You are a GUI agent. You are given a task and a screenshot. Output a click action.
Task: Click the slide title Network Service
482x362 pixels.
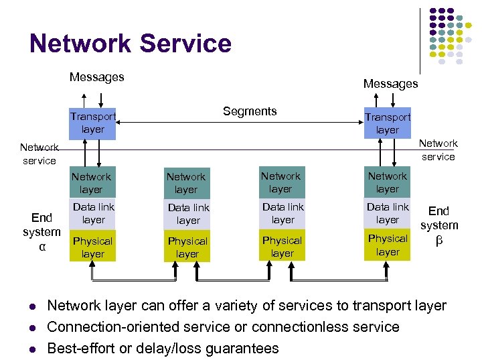(x=131, y=44)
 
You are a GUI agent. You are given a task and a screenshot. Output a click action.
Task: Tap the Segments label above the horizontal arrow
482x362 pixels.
(x=250, y=111)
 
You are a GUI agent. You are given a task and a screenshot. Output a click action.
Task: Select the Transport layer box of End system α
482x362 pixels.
(x=92, y=123)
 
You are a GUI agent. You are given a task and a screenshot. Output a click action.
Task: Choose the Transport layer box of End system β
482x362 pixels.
(x=387, y=123)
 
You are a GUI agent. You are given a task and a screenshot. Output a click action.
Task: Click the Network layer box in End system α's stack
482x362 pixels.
(x=92, y=183)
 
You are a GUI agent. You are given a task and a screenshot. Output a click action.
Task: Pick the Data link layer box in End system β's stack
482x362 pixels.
(x=388, y=214)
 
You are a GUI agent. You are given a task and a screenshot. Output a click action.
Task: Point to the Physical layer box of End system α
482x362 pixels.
(x=92, y=247)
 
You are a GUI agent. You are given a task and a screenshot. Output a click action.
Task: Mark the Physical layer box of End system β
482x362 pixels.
(x=388, y=245)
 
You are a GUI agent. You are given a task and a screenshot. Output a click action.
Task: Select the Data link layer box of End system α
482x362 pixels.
(x=92, y=214)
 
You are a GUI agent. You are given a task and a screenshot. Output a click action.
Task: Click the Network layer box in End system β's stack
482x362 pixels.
(x=388, y=182)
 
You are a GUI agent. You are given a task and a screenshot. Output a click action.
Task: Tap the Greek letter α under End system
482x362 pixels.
(x=42, y=247)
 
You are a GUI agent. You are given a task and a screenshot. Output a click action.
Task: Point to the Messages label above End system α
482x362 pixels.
(x=97, y=77)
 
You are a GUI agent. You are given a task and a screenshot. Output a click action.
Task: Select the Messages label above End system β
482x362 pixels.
(x=390, y=84)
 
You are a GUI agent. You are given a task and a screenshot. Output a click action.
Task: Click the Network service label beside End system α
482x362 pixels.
(x=38, y=154)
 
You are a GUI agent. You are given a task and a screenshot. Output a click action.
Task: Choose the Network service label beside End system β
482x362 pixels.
(x=438, y=150)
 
